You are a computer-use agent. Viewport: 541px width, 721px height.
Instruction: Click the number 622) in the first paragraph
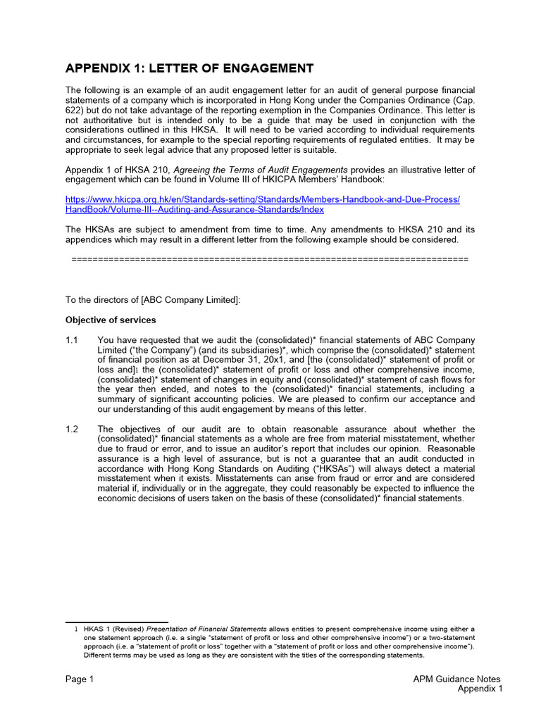(76, 110)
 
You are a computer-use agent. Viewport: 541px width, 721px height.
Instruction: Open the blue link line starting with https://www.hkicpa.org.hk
(263, 200)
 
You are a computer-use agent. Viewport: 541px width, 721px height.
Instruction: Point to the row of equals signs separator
(270, 260)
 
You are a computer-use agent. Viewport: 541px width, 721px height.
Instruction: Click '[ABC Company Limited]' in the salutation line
(190, 300)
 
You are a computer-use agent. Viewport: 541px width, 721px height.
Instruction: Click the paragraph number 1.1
(73, 340)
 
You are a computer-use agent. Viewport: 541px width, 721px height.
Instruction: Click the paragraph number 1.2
(73, 429)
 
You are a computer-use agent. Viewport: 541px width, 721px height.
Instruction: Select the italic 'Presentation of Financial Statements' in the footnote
(206, 629)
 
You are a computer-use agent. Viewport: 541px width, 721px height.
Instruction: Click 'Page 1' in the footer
(79, 679)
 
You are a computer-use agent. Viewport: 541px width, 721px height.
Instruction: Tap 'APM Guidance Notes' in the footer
(456, 679)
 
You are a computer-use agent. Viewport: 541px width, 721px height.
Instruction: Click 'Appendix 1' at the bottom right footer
(480, 689)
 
